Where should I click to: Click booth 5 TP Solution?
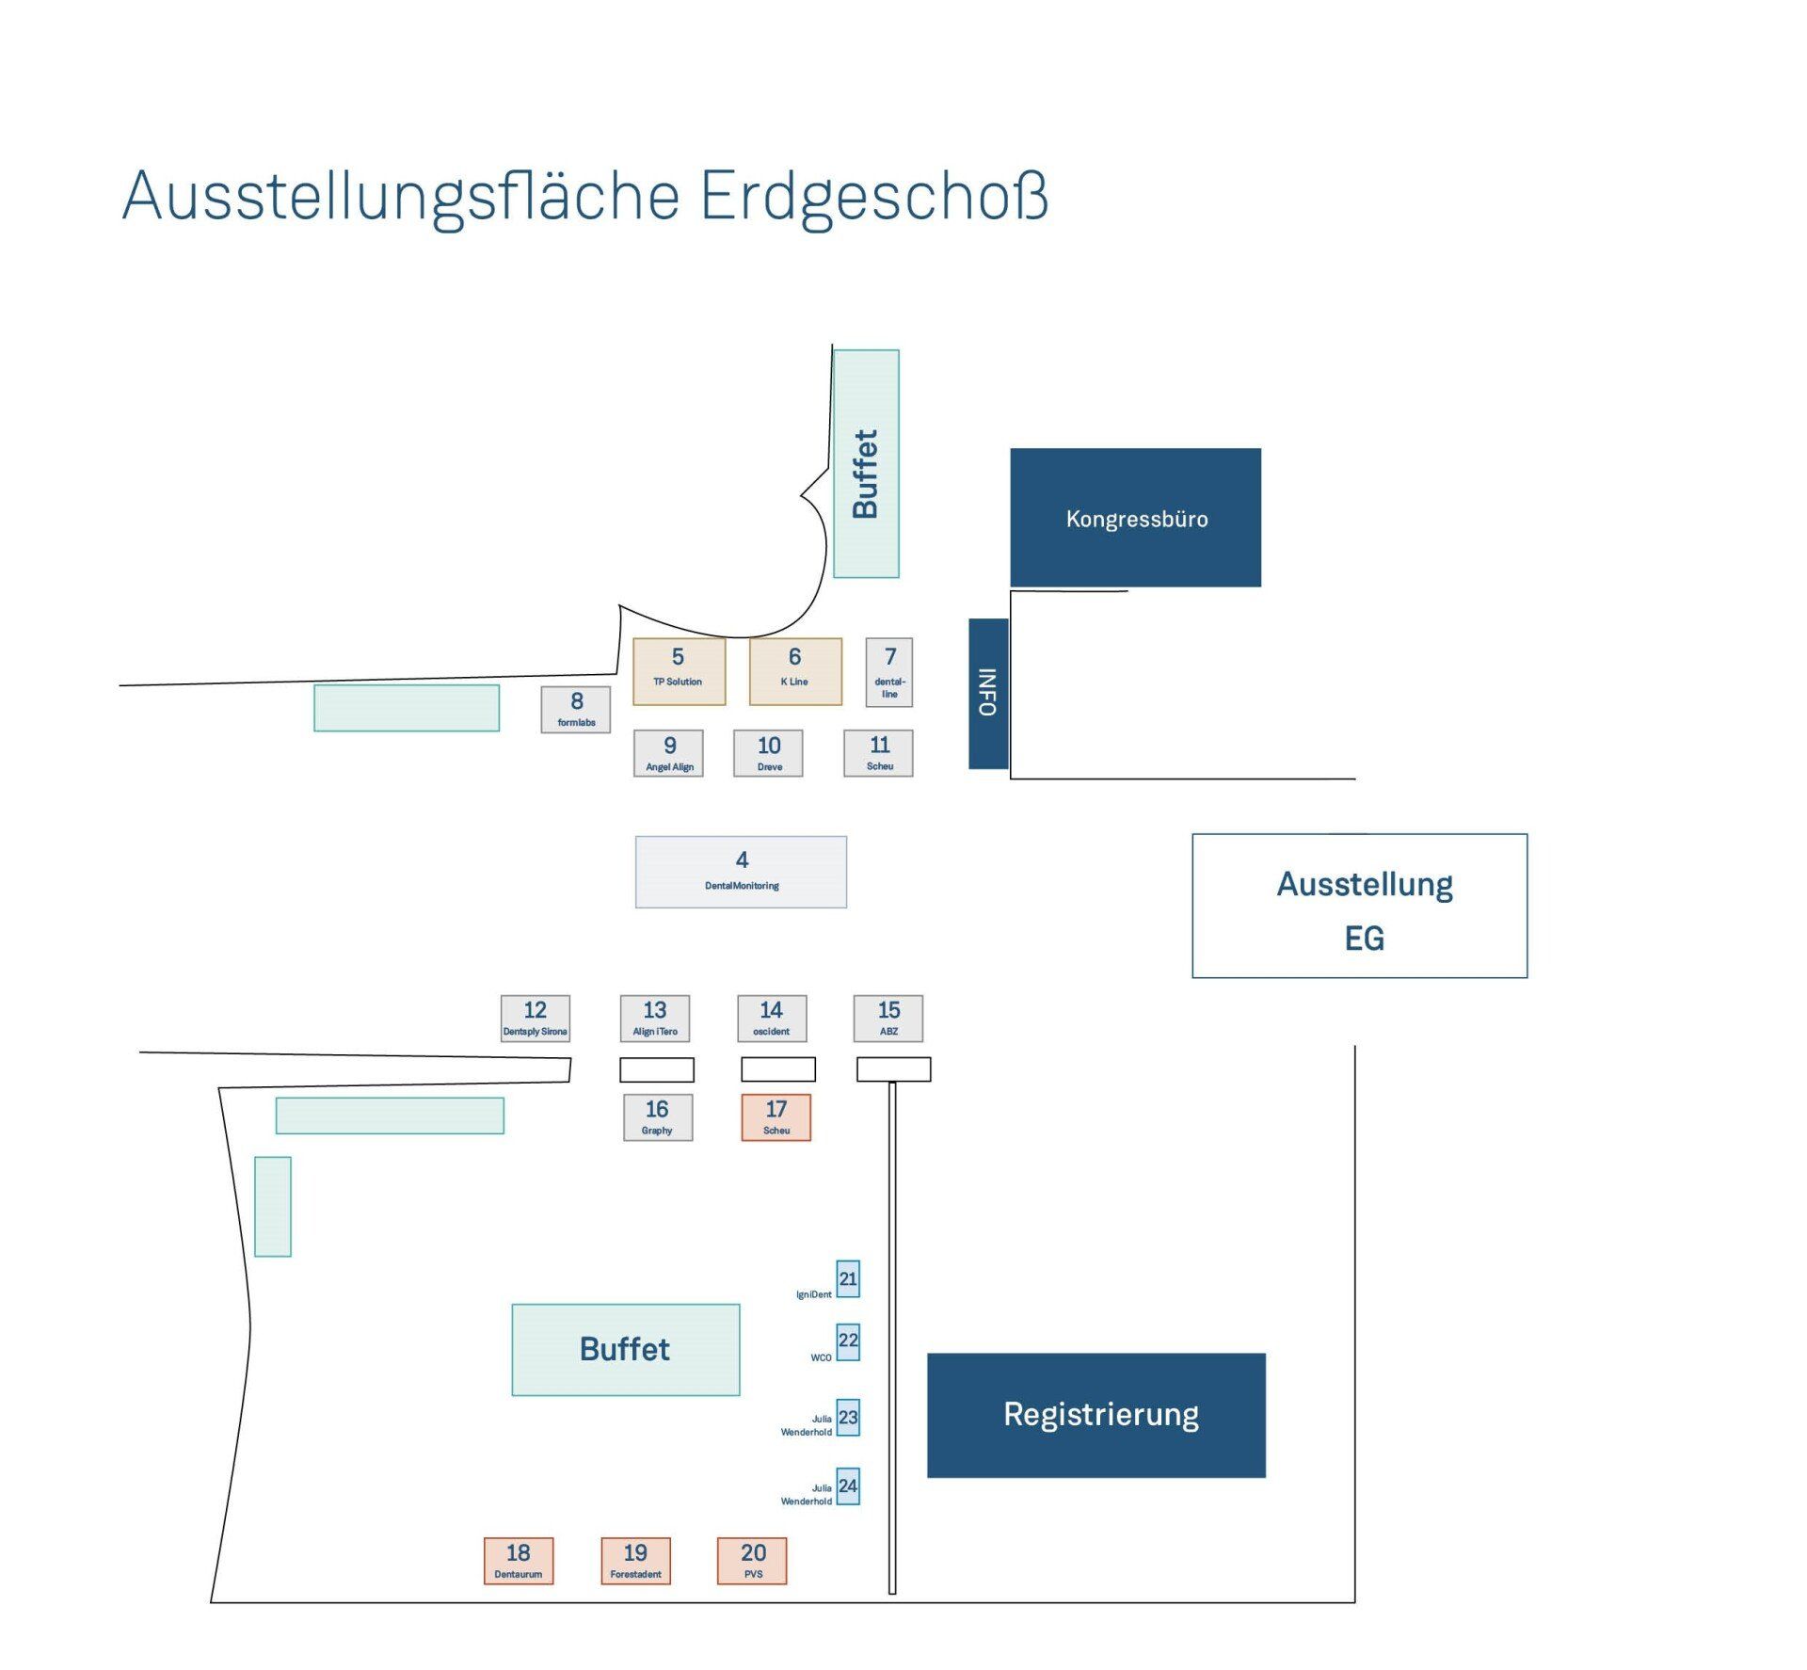coord(679,671)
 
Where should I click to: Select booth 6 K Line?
coord(795,671)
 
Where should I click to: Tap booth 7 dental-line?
coord(888,672)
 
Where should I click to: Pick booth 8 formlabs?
coord(575,709)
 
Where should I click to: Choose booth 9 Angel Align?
coord(668,753)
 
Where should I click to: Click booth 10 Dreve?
coord(768,753)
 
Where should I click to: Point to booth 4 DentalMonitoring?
coord(741,872)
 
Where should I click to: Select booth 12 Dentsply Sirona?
coord(535,1019)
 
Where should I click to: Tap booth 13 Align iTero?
coord(655,1019)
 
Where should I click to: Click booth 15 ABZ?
coord(888,1019)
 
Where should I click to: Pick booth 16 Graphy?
coord(658,1117)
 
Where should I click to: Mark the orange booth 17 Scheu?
coord(776,1117)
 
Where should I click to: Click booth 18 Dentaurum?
coord(519,1561)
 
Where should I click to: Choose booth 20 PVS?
coord(752,1561)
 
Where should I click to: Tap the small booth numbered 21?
coord(848,1278)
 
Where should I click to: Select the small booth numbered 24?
coord(848,1486)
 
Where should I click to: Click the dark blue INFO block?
coord(988,694)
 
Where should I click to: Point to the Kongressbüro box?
coord(1136,518)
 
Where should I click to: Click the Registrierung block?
coord(1096,1416)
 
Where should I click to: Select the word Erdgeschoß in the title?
coord(874,198)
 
